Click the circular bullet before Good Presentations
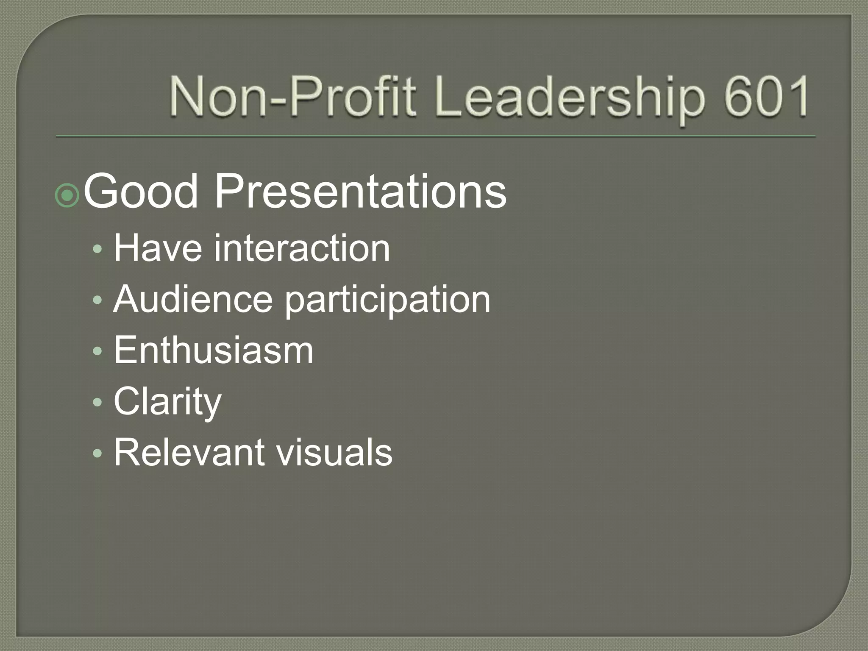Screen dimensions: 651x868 (x=67, y=195)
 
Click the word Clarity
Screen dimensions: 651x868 (x=167, y=402)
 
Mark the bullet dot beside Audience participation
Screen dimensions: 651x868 (x=98, y=300)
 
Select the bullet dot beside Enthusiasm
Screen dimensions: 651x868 (x=98, y=351)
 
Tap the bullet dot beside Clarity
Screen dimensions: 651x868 (x=98, y=402)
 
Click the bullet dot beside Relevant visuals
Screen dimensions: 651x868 (x=98, y=453)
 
